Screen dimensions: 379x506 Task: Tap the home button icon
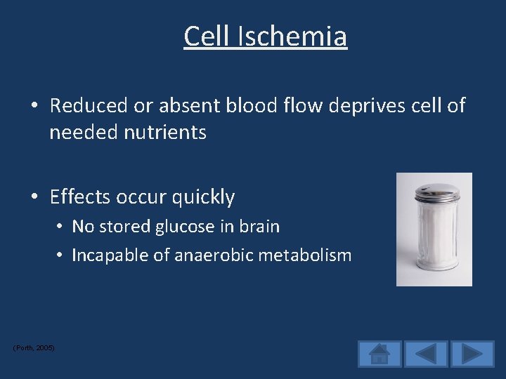tap(379, 354)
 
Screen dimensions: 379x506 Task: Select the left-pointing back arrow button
tap(426, 354)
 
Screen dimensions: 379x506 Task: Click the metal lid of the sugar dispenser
tap(433, 194)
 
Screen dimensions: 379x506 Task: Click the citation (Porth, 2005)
tap(34, 348)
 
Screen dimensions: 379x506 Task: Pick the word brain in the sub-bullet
tap(259, 227)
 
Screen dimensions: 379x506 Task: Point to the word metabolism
tap(307, 255)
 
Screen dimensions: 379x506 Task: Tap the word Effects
tap(79, 197)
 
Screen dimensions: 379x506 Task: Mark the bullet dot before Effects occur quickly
tap(34, 198)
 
